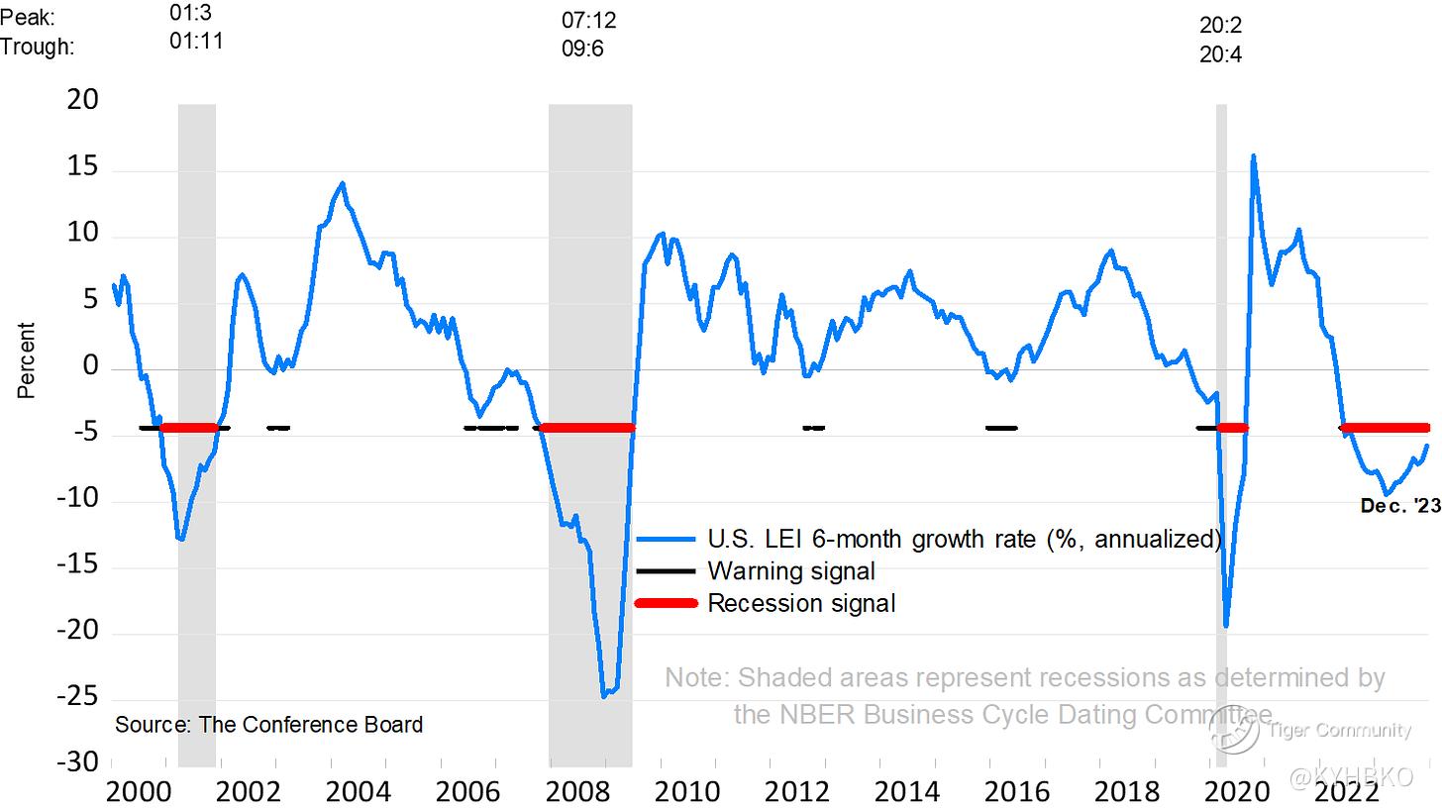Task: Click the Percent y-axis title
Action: pyautogui.click(x=27, y=360)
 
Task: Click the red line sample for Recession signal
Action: pyautogui.click(x=666, y=603)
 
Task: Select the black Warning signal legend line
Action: pyautogui.click(x=666, y=571)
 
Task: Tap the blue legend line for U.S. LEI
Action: pyautogui.click(x=666, y=540)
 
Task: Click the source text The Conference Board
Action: pyautogui.click(x=268, y=725)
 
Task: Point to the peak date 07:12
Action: pyautogui.click(x=589, y=20)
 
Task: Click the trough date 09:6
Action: pyautogui.click(x=583, y=48)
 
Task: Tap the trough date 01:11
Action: pyautogui.click(x=196, y=42)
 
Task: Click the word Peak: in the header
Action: pyautogui.click(x=29, y=17)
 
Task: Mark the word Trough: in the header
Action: pyautogui.click(x=38, y=46)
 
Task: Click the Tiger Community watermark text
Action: pyautogui.click(x=1339, y=731)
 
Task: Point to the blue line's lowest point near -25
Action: pyautogui.click(x=604, y=696)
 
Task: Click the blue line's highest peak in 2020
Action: pyautogui.click(x=1253, y=155)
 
